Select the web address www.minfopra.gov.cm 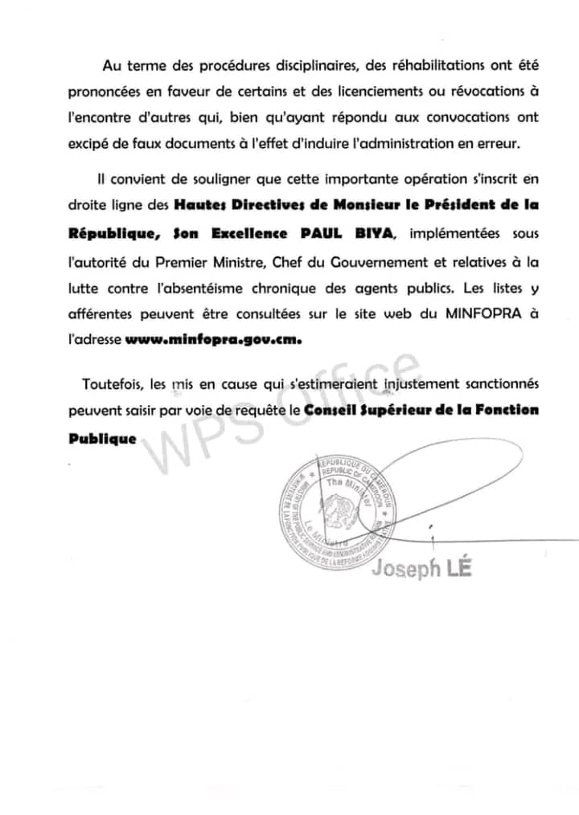pyautogui.click(x=213, y=340)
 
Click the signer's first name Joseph pyautogui.click(x=406, y=568)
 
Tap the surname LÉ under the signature pyautogui.click(x=459, y=567)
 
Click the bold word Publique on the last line pyautogui.click(x=101, y=440)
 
